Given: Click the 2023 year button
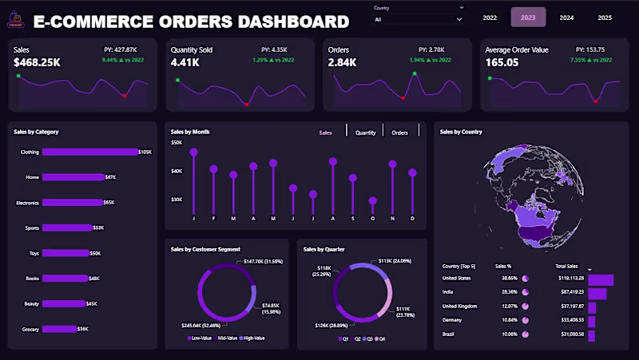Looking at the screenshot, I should tap(528, 17).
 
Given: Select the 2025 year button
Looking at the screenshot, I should tap(605, 17).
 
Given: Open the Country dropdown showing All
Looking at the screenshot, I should tap(418, 18).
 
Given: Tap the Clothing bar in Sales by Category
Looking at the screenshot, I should tap(89, 152).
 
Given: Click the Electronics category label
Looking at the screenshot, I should tap(27, 203).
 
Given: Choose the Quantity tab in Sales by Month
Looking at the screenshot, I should tap(365, 133).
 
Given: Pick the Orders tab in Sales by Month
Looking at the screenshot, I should tap(400, 133).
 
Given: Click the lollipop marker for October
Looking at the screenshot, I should tap(372, 201).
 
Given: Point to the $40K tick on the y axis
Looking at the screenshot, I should tap(177, 171).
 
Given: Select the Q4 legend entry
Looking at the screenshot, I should tap(379, 338).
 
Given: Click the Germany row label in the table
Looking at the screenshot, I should tap(453, 319).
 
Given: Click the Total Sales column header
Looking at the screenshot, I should tap(566, 266).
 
